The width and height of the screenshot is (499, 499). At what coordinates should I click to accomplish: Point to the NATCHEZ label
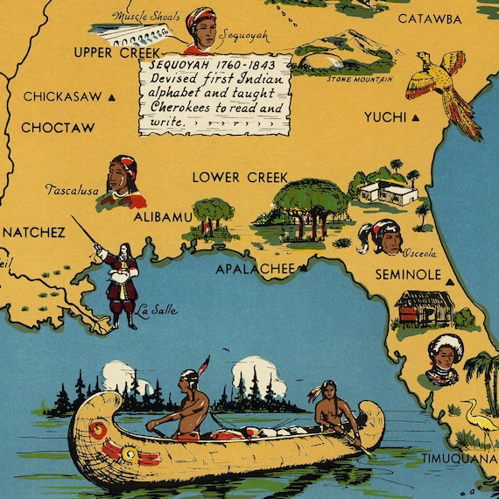click(33, 233)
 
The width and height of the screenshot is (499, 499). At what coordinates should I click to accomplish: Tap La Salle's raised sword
click(86, 233)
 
